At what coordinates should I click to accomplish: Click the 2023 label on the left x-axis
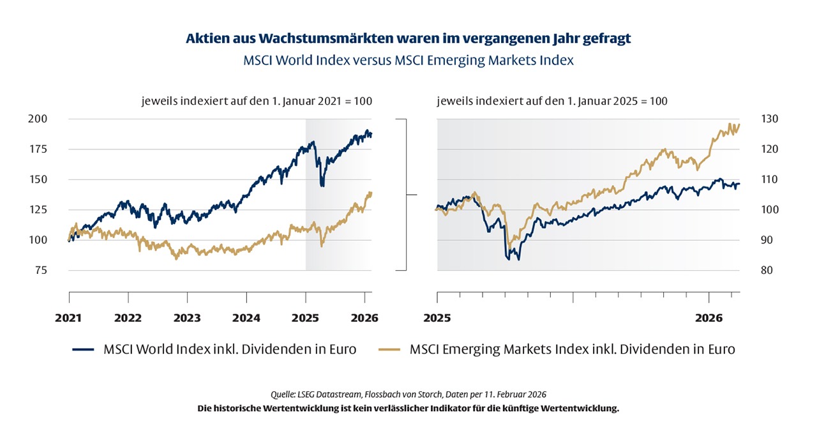click(187, 317)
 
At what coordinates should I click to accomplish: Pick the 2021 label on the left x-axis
click(69, 317)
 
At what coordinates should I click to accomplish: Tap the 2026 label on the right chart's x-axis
click(708, 317)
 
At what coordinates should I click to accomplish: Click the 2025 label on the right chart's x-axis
click(437, 317)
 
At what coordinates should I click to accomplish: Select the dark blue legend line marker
click(84, 350)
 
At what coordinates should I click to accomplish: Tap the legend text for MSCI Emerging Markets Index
click(572, 350)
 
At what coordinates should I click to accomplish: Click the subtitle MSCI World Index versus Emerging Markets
click(408, 61)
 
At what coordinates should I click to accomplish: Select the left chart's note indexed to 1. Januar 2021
click(256, 101)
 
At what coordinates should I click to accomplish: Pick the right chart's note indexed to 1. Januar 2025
click(552, 101)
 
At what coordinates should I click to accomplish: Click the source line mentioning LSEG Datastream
click(408, 395)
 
